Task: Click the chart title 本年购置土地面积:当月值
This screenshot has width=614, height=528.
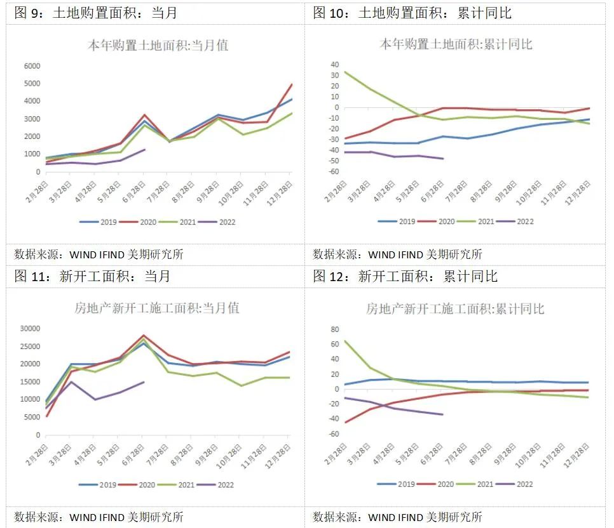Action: point(158,45)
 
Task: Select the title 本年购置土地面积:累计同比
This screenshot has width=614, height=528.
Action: point(456,44)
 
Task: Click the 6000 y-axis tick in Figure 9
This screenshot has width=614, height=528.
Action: point(31,66)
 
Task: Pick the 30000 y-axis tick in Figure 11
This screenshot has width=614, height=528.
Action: point(29,329)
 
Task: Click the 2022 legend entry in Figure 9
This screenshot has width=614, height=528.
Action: point(216,222)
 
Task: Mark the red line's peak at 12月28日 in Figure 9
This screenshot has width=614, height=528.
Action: point(291,84)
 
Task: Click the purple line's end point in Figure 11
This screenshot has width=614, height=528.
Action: point(144,382)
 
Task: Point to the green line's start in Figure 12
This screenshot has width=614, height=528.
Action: point(345,341)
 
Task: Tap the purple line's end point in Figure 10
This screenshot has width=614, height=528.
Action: point(443,158)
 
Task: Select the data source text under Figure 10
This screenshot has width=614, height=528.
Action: point(397,254)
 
